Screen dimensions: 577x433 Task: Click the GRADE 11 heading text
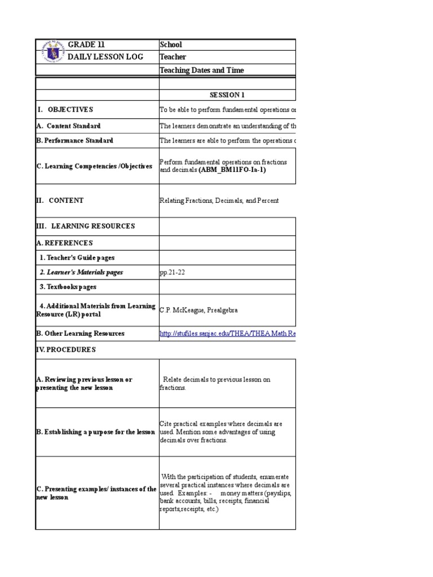86,45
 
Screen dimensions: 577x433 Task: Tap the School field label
171,45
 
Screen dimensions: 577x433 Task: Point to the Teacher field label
173,57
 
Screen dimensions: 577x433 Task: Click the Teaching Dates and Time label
202,70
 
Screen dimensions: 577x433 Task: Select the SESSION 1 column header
227,95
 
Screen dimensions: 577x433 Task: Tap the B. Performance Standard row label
74,140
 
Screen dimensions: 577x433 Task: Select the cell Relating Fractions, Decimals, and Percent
219,201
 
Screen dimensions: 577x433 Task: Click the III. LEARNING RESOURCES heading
85,226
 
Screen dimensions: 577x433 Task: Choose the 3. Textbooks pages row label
68,287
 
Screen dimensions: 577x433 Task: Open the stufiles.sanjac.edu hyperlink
227,334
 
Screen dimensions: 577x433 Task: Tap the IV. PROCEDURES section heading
65,349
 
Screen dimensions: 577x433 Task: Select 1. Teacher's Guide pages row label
77,258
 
